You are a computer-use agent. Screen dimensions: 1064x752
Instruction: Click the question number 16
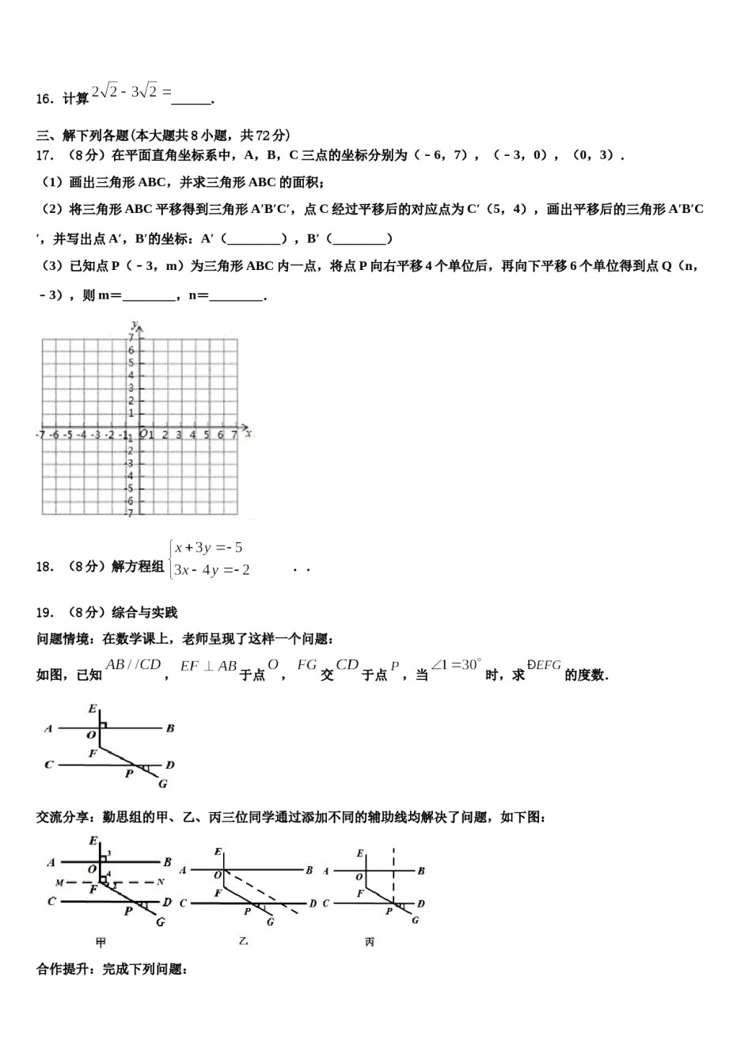[44, 99]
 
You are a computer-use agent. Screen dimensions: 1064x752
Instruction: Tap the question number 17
[44, 155]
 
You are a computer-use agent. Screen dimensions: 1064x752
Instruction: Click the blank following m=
[150, 296]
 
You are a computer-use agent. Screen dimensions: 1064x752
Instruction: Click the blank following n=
[237, 296]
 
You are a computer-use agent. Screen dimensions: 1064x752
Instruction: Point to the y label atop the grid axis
[135, 325]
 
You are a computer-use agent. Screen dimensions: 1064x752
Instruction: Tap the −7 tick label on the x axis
[40, 435]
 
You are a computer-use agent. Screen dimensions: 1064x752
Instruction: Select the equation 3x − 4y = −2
[212, 570]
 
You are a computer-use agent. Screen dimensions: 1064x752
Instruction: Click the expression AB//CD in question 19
[133, 665]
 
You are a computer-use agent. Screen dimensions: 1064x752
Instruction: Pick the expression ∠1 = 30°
[456, 665]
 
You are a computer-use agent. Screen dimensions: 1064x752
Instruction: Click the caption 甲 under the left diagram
[101, 942]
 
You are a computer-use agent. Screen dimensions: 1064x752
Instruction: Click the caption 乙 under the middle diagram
[243, 941]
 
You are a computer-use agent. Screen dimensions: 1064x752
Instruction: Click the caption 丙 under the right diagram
[370, 942]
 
